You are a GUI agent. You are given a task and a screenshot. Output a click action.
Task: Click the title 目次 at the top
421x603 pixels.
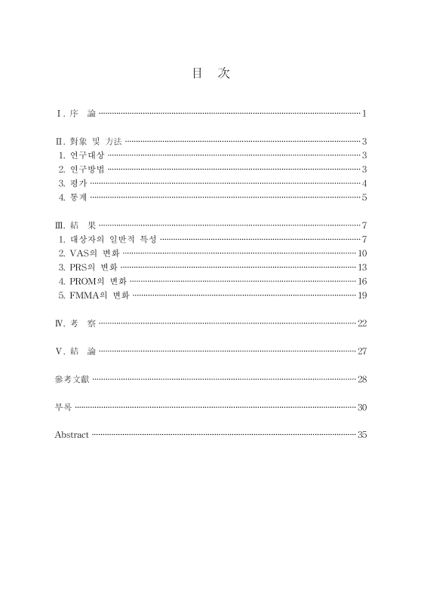(x=210, y=73)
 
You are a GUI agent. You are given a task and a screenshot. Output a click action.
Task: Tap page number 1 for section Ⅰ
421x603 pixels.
(x=364, y=114)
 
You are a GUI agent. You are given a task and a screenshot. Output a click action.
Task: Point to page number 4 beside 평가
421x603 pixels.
(x=364, y=183)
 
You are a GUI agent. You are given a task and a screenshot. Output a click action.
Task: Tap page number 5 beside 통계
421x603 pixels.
(x=364, y=197)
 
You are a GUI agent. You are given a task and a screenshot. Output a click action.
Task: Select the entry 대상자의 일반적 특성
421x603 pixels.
(x=114, y=239)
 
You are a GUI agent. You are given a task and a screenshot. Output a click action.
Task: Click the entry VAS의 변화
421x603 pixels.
(x=95, y=253)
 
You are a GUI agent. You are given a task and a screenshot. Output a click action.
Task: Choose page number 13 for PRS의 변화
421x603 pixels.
(x=361, y=267)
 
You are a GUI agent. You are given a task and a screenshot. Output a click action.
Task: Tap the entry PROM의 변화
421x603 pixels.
(x=98, y=281)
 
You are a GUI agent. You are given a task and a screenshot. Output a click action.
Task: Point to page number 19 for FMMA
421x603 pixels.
(x=361, y=295)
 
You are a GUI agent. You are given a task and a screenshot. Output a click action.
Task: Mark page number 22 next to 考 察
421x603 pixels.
(x=361, y=323)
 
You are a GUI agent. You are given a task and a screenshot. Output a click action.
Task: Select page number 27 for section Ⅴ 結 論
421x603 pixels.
(x=361, y=350)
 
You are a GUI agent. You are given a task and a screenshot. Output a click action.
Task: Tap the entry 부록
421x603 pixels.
(x=63, y=407)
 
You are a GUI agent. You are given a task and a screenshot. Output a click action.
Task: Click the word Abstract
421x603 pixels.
(x=72, y=435)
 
